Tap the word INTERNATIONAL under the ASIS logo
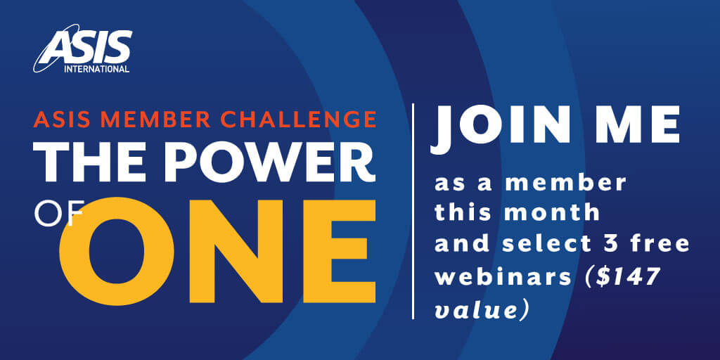[97, 70]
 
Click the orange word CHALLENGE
[297, 120]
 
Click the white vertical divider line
[413, 211]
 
